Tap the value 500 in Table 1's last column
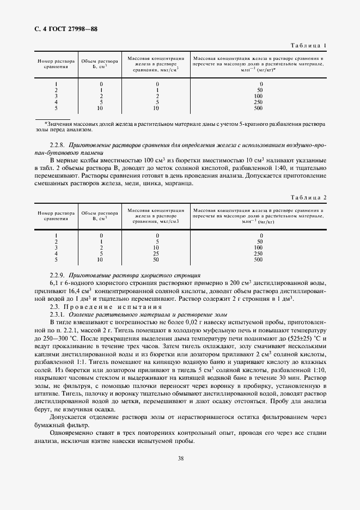258,108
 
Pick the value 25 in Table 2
157,253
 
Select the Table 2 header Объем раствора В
100,216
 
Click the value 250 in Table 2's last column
258,253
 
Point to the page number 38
180,458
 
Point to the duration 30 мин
293,377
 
